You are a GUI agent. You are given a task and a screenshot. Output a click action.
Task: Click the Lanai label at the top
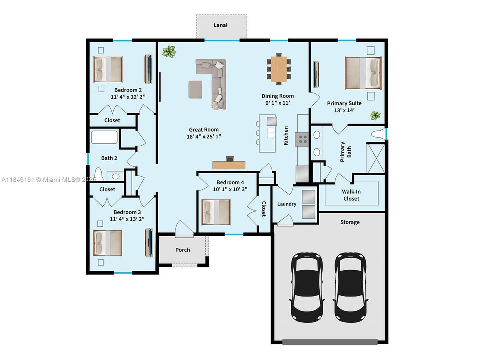coord(221,25)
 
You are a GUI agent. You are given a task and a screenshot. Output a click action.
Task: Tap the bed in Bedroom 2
coord(108,69)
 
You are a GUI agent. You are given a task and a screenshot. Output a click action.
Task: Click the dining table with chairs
coord(279,69)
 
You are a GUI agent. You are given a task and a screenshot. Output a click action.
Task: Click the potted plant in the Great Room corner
coord(169,51)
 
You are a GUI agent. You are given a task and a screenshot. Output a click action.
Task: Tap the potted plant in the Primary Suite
coord(375,116)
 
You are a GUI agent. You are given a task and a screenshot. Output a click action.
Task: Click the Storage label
coord(350,222)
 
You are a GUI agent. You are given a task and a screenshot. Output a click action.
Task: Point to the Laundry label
coord(287,204)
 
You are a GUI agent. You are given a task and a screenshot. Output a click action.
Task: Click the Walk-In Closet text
coord(351,194)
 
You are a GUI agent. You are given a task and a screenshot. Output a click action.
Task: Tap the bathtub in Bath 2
coord(104,138)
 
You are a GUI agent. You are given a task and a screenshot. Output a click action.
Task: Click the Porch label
coord(182,250)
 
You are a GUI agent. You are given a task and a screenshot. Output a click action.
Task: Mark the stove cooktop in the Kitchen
coord(302,139)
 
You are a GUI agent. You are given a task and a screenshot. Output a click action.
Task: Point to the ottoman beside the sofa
coord(195,89)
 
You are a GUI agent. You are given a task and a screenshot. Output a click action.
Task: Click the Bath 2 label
coord(109,158)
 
